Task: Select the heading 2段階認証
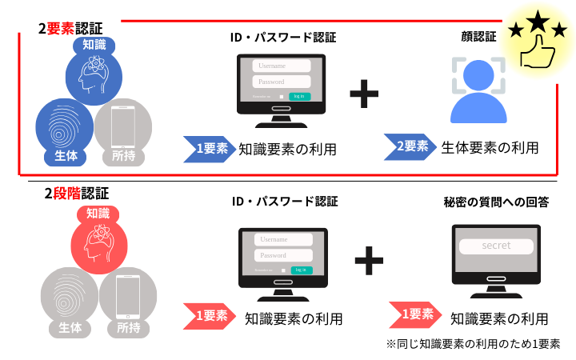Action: [x=76, y=194]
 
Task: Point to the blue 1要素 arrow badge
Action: [x=206, y=148]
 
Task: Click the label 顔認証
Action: [x=478, y=36]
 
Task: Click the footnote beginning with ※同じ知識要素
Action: [x=472, y=344]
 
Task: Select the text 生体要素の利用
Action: [x=490, y=147]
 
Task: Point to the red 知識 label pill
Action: [x=98, y=214]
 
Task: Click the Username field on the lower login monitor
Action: [x=282, y=239]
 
